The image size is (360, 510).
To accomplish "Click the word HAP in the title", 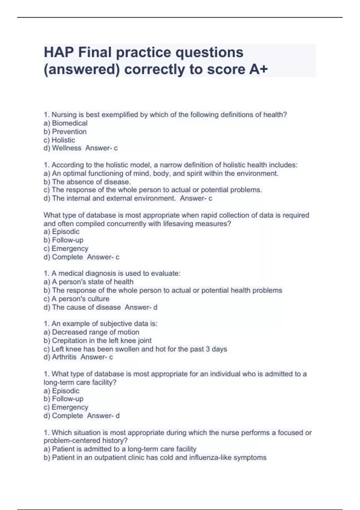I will coord(59,52).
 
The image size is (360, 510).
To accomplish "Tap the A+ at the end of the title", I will coord(258,70).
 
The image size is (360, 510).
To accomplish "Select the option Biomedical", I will coord(70,123).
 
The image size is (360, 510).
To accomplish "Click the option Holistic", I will coord(63,140).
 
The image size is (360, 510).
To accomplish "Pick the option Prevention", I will coord(69,132).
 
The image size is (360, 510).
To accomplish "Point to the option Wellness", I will coord(67,148).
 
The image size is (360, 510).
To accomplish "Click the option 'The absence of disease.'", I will coord(91,182).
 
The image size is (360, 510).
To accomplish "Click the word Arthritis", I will coord(64,357).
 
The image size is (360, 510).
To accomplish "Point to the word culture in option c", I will coord(99,299).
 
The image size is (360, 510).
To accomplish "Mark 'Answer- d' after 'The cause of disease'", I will coord(141,307).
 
